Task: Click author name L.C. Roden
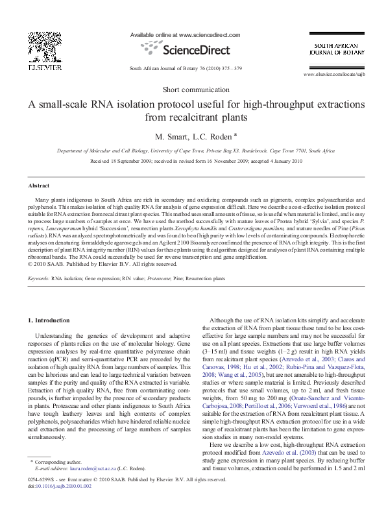coord(211,137)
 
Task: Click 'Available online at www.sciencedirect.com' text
coord(186,34)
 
